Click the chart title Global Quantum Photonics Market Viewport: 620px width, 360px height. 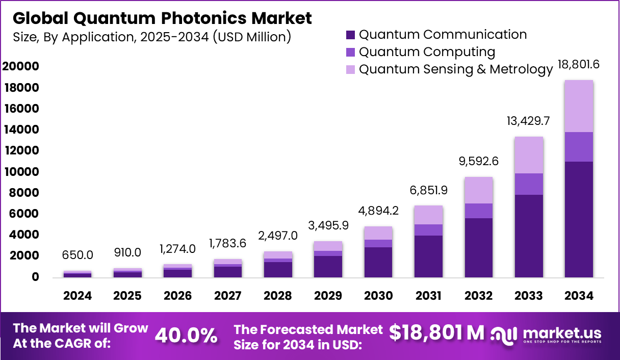pyautogui.click(x=162, y=18)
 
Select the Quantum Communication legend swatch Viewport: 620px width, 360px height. pyautogui.click(x=350, y=35)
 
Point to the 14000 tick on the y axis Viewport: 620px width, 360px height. pyautogui.click(x=21, y=130)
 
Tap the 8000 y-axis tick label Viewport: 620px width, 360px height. pyautogui.click(x=23, y=193)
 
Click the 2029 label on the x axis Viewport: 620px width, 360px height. pyautogui.click(x=327, y=296)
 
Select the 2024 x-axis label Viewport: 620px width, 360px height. pyautogui.click(x=77, y=296)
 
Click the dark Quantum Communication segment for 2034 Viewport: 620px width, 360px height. pyautogui.click(x=578, y=219)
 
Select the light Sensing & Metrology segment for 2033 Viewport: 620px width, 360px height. pyautogui.click(x=528, y=155)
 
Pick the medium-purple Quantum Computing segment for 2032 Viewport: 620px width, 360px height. pyautogui.click(x=478, y=211)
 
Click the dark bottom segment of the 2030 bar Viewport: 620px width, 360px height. pyautogui.click(x=378, y=262)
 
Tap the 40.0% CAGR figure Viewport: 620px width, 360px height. pyautogui.click(x=186, y=336)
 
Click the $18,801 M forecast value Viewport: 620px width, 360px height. pyautogui.click(x=436, y=332)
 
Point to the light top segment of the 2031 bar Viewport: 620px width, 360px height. pyautogui.click(x=428, y=215)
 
